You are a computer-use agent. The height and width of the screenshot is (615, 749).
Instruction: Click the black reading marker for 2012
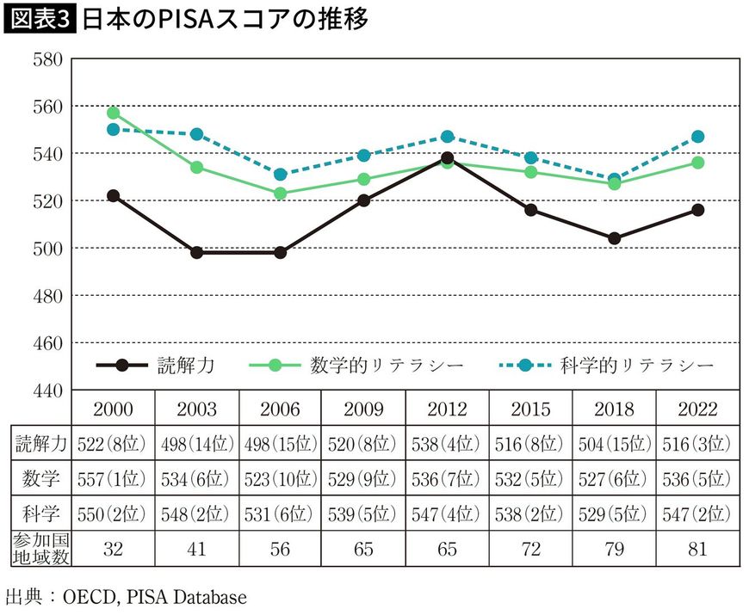pyautogui.click(x=447, y=158)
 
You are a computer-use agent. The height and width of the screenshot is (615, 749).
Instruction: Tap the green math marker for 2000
pyautogui.click(x=113, y=113)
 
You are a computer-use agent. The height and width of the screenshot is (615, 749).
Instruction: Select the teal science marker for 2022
pyautogui.click(x=697, y=137)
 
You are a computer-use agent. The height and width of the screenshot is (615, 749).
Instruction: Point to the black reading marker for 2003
pyautogui.click(x=196, y=253)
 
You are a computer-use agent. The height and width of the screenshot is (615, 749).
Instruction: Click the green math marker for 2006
pyautogui.click(x=280, y=194)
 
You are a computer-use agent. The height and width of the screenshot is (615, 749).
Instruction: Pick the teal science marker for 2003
pyautogui.click(x=196, y=134)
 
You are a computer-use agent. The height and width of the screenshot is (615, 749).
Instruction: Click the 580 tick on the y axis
pyautogui.click(x=44, y=59)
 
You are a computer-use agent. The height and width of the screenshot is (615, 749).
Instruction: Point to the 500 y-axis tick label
pyautogui.click(x=44, y=249)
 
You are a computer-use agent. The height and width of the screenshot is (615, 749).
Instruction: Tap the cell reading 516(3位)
pyautogui.click(x=697, y=445)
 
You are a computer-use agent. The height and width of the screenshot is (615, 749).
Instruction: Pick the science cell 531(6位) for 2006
pyautogui.click(x=280, y=514)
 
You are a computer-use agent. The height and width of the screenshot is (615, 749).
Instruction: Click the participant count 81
pyautogui.click(x=697, y=549)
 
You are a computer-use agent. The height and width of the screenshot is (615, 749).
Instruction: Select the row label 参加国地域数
pyautogui.click(x=40, y=549)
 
